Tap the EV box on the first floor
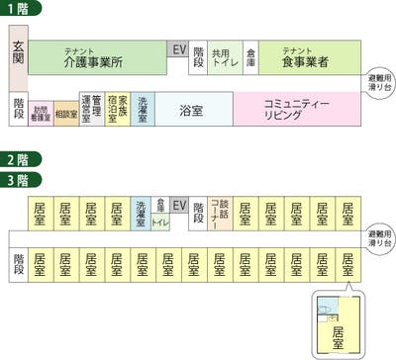pos(178,49)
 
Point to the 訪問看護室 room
pos(41,111)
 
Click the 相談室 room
pos(66,112)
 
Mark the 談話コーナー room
pos(220,213)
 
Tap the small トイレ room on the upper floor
pos(160,224)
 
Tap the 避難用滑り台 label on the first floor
pos(380,78)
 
